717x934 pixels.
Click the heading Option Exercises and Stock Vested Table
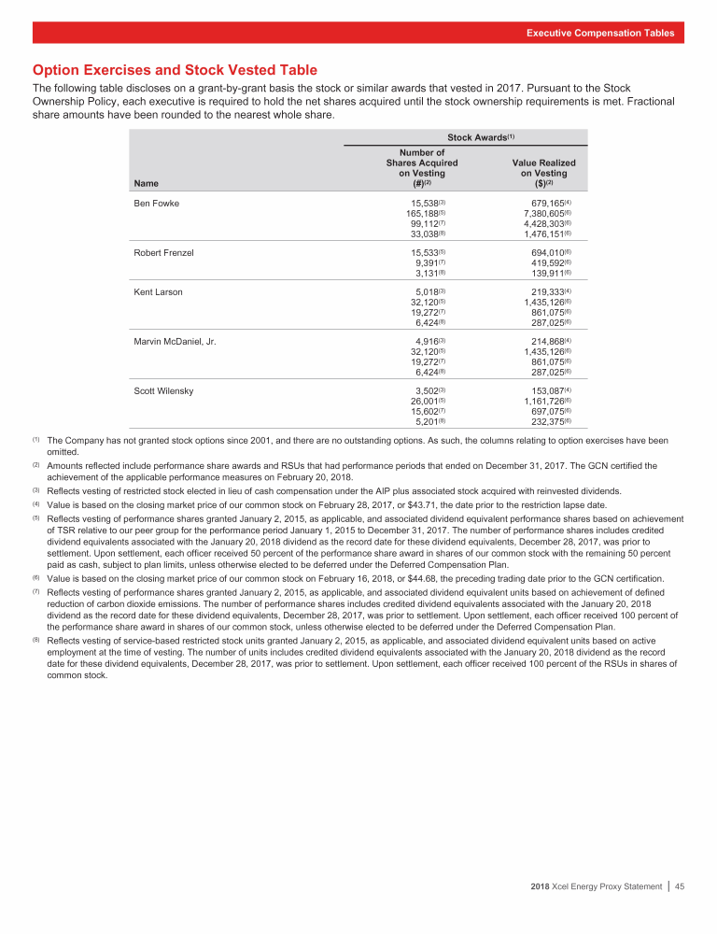coord(175,70)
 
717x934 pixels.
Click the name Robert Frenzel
coord(164,253)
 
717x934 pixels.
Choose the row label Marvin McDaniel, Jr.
coord(176,342)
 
